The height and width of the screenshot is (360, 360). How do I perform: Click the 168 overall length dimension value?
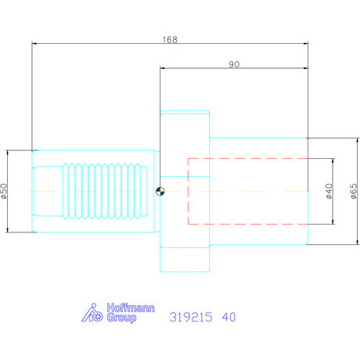pos(169,38)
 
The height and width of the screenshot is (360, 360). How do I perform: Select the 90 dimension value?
pos(233,64)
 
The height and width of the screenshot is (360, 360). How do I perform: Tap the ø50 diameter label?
pos(5,190)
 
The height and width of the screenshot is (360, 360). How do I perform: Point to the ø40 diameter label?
pos(329,191)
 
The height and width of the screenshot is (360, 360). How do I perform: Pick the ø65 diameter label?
pos(354,190)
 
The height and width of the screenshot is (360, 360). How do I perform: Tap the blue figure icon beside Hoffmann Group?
pos(93,314)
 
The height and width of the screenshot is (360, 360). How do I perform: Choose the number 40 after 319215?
pos(228,318)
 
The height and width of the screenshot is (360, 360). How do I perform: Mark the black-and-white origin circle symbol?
pos(160,191)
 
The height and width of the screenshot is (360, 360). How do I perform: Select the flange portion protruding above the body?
pos(185,124)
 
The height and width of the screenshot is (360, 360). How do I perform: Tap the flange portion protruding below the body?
pos(185,257)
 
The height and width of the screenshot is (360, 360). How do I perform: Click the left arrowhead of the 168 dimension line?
pos(34,44)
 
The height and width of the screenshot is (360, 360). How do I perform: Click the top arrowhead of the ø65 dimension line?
pos(347,140)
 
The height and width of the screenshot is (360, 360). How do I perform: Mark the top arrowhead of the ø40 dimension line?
pos(333,160)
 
